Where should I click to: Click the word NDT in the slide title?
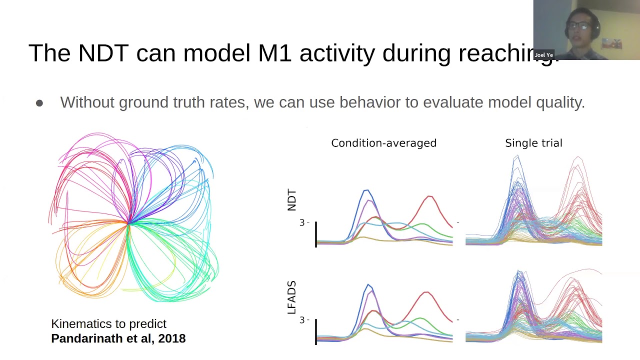pos(103,53)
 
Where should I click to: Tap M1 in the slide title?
pos(274,53)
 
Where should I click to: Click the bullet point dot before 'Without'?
pos(39,103)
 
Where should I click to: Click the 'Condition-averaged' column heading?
pos(383,143)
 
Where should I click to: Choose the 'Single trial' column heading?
pos(533,143)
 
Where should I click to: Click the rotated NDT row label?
pos(292,200)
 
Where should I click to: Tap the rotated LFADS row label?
pos(292,297)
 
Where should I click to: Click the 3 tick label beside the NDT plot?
pos(302,222)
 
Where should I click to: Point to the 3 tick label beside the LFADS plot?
pos(302,320)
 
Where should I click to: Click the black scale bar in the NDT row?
pos(316,234)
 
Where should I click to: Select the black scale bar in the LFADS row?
pos(316,331)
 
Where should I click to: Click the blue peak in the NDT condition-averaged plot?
pos(366,190)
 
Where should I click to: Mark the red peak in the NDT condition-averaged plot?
pos(429,196)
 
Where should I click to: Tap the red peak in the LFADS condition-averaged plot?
pos(426,292)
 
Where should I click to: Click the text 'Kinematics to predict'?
pos(108,324)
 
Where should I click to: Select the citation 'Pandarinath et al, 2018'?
pos(118,338)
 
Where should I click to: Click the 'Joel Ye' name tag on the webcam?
pos(543,55)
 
